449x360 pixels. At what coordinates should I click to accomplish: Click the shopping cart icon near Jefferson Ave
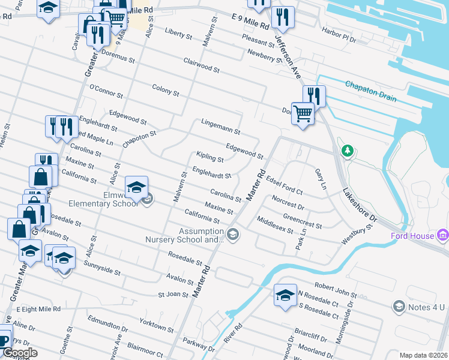click(303, 112)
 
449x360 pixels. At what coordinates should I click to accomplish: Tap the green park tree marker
click(347, 149)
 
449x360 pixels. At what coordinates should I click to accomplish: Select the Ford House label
click(412, 236)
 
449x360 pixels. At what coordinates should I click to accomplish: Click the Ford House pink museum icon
click(443, 235)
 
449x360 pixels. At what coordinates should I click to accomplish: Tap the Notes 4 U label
click(427, 307)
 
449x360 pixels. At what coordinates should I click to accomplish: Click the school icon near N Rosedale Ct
click(285, 295)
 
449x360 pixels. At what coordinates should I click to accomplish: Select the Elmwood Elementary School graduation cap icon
click(136, 187)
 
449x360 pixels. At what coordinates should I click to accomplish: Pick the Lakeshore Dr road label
click(360, 204)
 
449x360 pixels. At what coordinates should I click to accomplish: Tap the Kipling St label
click(210, 157)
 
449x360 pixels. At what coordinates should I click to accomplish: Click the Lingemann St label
click(220, 126)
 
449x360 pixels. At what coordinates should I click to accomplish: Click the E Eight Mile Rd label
click(39, 309)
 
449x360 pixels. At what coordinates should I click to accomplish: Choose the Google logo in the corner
click(20, 353)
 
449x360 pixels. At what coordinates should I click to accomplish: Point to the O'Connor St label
click(106, 91)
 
